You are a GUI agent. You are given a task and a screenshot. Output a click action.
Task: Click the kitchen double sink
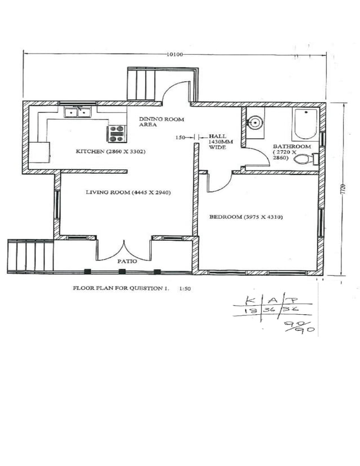tap(78, 113)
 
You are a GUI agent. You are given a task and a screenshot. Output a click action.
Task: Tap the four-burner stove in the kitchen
tap(116, 133)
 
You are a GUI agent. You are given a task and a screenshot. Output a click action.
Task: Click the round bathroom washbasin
tap(256, 122)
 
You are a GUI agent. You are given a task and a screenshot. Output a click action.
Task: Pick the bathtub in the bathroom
tap(306, 124)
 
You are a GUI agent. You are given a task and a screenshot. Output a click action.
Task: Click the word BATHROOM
tap(291, 146)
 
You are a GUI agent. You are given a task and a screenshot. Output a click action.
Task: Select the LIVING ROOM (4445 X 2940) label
tap(128, 192)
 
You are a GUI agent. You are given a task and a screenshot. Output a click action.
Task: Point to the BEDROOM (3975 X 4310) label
tap(245, 217)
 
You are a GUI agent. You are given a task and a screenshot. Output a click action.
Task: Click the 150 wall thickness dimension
tap(181, 137)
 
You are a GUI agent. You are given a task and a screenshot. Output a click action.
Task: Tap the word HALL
tap(217, 136)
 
